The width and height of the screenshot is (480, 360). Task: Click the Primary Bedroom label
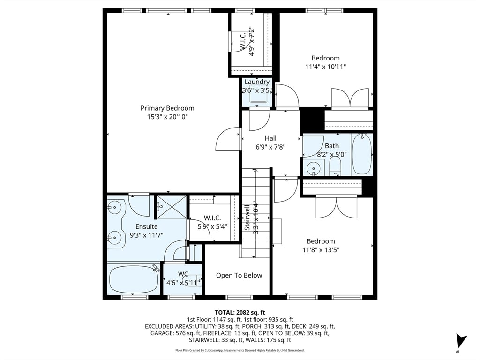(x=167, y=108)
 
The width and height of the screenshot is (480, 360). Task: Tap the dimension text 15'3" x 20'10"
(x=167, y=117)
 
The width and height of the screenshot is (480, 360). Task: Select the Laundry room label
(x=257, y=82)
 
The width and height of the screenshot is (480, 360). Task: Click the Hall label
(x=270, y=138)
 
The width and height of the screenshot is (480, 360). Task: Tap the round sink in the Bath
(x=313, y=167)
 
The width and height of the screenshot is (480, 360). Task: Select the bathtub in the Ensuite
(x=134, y=280)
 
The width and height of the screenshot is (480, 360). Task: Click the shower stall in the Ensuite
(x=171, y=206)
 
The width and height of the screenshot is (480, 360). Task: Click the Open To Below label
(x=239, y=275)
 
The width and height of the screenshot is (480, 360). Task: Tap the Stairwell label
(x=247, y=217)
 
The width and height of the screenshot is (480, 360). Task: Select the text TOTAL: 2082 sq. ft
(x=240, y=312)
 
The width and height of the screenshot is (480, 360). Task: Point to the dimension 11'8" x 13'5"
(x=321, y=250)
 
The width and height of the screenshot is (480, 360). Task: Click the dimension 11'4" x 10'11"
(x=326, y=67)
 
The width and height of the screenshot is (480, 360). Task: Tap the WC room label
(x=183, y=274)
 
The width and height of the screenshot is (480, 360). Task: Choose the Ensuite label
(x=147, y=226)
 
